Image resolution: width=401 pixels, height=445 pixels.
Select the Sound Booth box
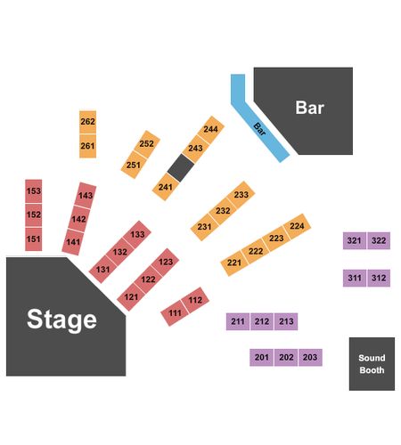click(x=372, y=364)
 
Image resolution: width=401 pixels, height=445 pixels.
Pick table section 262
click(x=87, y=122)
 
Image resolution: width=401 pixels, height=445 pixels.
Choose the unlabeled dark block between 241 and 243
click(x=181, y=167)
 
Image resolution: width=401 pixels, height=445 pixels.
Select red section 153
click(x=34, y=191)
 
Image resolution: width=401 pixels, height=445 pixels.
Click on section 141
click(x=73, y=242)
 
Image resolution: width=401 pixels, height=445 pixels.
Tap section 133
click(x=137, y=234)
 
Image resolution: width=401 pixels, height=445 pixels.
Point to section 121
click(x=131, y=296)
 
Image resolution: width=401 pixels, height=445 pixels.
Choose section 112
click(x=195, y=300)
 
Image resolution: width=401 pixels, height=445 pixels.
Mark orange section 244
click(x=210, y=129)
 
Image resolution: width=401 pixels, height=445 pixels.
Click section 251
click(x=134, y=165)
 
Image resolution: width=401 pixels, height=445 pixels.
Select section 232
click(x=223, y=211)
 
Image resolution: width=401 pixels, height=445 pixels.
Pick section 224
click(x=297, y=226)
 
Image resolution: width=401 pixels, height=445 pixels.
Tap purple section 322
click(x=379, y=240)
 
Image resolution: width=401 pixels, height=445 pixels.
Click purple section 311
click(x=355, y=278)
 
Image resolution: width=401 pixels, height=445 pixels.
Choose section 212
click(x=262, y=321)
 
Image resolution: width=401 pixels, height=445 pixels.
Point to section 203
click(x=310, y=357)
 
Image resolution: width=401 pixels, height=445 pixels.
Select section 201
click(x=262, y=357)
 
